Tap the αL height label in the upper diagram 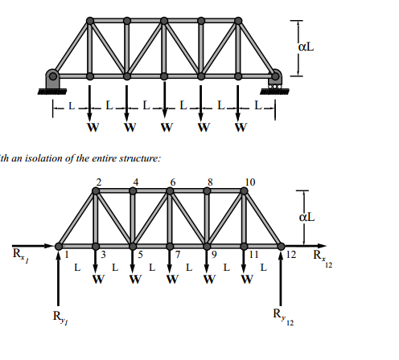pyautogui.click(x=306, y=47)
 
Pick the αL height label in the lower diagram pyautogui.click(x=306, y=217)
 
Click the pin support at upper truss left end pyautogui.click(x=52, y=78)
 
